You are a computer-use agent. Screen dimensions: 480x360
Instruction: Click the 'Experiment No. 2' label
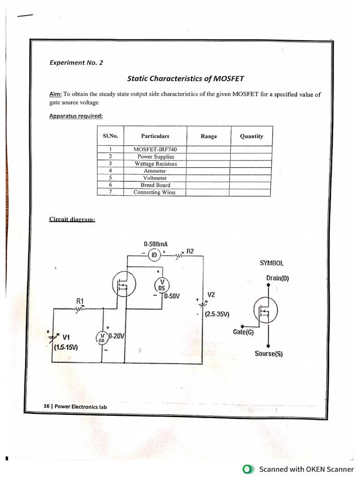click(x=76, y=63)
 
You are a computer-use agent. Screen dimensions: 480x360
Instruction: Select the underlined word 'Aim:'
click(x=56, y=94)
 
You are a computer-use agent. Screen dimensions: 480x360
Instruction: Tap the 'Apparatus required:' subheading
click(x=75, y=116)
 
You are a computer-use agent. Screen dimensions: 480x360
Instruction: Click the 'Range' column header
click(x=209, y=136)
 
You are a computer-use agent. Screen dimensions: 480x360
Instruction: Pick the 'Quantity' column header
click(x=251, y=136)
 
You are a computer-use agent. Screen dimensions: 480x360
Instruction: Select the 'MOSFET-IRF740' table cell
click(x=155, y=150)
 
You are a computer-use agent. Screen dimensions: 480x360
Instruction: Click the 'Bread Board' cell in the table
click(x=155, y=185)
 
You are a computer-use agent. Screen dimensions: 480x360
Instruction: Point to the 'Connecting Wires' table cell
click(x=155, y=192)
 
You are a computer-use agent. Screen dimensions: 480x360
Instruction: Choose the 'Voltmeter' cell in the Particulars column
click(x=155, y=178)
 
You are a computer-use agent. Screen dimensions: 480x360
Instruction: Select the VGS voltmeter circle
click(x=102, y=337)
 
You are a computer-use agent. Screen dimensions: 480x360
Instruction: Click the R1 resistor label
click(x=80, y=300)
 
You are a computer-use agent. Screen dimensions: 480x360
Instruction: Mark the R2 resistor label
click(x=190, y=251)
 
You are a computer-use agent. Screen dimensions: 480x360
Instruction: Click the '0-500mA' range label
click(x=156, y=244)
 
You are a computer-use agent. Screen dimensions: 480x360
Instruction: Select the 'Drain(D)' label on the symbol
click(x=278, y=277)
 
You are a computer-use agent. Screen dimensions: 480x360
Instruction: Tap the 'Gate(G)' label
click(x=243, y=332)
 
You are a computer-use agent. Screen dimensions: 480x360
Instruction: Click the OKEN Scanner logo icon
click(x=248, y=469)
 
